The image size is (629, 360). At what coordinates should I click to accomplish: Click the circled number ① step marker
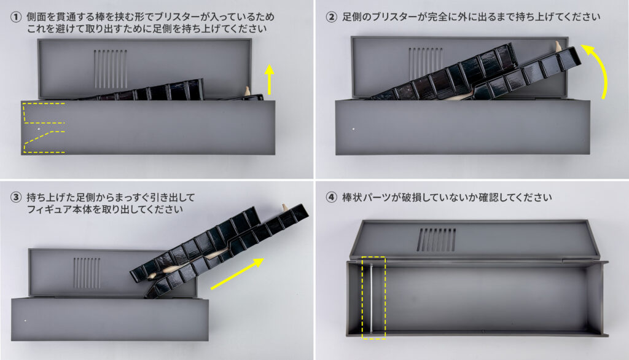[16, 17]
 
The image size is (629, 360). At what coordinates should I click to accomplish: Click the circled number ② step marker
[331, 17]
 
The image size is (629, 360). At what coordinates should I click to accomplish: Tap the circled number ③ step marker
[16, 197]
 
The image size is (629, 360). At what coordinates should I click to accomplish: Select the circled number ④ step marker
[331, 197]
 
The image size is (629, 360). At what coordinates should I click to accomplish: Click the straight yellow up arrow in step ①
[270, 79]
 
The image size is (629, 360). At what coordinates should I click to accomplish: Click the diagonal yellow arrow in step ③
[237, 274]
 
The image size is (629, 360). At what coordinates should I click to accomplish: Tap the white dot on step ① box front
[39, 129]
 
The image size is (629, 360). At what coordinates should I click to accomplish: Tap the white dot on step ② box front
[353, 129]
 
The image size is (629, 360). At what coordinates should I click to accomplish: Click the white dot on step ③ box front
[26, 321]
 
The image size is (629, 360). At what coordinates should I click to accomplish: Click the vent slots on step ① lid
[111, 69]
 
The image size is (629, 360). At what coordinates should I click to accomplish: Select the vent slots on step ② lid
[426, 63]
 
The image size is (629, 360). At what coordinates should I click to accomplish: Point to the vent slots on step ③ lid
[87, 273]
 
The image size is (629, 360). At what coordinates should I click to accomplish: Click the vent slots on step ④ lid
[437, 240]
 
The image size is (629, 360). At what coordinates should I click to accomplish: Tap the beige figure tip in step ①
[247, 91]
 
